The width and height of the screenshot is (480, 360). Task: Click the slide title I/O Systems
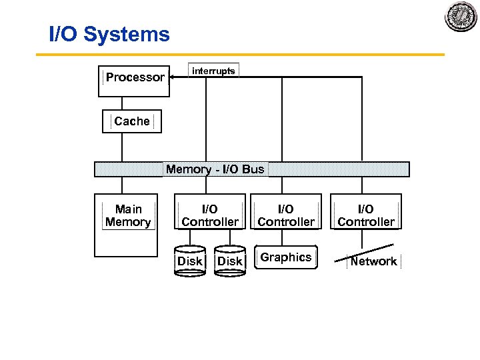pyautogui.click(x=110, y=34)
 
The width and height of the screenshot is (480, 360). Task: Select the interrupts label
pyautogui.click(x=213, y=71)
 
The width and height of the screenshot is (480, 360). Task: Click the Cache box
pyautogui.click(x=132, y=121)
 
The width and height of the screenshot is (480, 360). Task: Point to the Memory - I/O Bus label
pyautogui.click(x=215, y=169)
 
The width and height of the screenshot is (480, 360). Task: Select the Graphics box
pyautogui.click(x=286, y=257)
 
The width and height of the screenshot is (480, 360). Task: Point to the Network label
pyautogui.click(x=373, y=261)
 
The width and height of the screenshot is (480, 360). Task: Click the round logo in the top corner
pyautogui.click(x=461, y=17)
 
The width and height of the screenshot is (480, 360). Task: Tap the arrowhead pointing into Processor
pyautogui.click(x=173, y=77)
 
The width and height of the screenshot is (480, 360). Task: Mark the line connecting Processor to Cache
pyautogui.click(x=121, y=103)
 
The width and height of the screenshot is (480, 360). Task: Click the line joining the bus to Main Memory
pyautogui.click(x=121, y=185)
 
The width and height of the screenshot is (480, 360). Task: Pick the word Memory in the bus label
pyautogui.click(x=188, y=169)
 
